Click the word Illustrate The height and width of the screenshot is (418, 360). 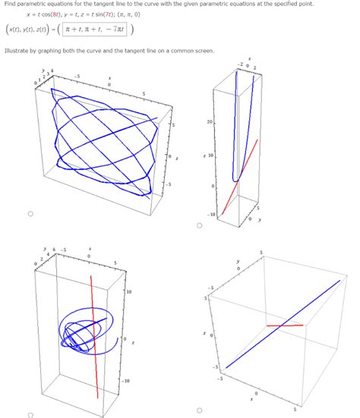pyautogui.click(x=19, y=51)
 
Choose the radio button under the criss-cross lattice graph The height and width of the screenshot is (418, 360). pyautogui.click(x=30, y=215)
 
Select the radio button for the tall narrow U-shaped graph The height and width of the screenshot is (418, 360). pyautogui.click(x=199, y=225)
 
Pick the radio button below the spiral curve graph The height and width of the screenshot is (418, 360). pyautogui.click(x=30, y=414)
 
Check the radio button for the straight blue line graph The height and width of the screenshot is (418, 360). pyautogui.click(x=199, y=411)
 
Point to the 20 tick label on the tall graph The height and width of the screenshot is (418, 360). pyautogui.click(x=209, y=121)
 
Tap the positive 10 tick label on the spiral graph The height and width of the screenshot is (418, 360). pyautogui.click(x=129, y=291)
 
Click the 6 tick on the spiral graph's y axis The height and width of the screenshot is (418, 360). pyautogui.click(x=54, y=249)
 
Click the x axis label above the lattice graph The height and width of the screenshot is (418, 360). pyautogui.click(x=109, y=78)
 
